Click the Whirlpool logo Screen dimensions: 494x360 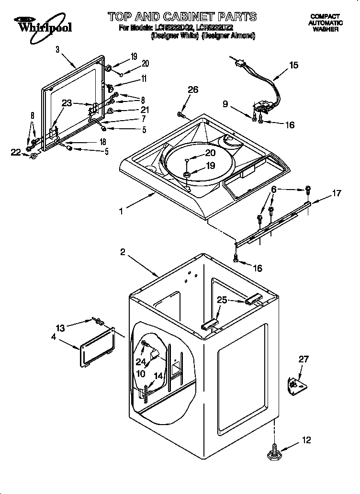coord(42,24)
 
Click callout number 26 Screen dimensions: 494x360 coord(192,89)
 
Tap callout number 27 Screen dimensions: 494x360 coord(304,359)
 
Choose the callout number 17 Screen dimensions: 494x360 coord(337,193)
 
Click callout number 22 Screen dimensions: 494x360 coord(16,152)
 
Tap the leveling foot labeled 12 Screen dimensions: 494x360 coord(274,453)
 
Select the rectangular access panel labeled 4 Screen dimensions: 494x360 coord(98,346)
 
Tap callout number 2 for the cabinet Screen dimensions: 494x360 coord(123,253)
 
